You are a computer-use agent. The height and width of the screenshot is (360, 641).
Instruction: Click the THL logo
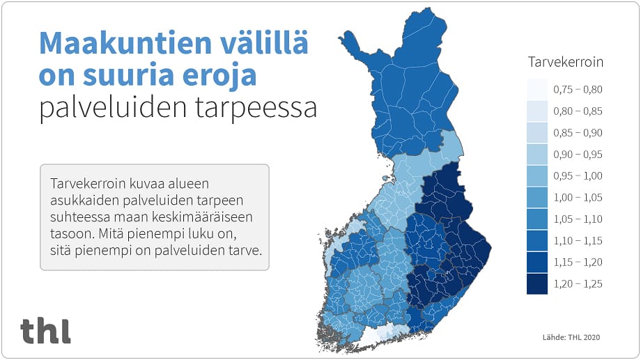click(x=45, y=331)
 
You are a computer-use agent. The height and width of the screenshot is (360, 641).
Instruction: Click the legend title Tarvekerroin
click(x=565, y=62)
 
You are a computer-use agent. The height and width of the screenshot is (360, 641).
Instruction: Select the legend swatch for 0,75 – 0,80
click(x=537, y=89)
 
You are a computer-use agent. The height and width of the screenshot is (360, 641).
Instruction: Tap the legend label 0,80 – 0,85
click(x=578, y=111)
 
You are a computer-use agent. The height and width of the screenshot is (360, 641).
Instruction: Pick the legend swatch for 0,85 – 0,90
click(x=537, y=132)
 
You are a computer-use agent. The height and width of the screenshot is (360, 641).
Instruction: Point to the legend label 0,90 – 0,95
click(x=578, y=154)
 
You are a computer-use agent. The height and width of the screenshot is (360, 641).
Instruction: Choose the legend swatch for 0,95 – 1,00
click(x=537, y=175)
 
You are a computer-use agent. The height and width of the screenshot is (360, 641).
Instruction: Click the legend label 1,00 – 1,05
click(x=578, y=197)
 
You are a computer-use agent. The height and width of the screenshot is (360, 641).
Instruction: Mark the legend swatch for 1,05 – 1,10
click(x=537, y=219)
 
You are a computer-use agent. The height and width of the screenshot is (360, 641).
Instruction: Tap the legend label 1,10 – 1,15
click(x=578, y=240)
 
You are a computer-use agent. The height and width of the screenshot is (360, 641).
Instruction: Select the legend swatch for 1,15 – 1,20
click(x=537, y=262)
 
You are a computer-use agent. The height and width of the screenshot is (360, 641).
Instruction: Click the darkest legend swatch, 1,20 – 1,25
click(x=537, y=283)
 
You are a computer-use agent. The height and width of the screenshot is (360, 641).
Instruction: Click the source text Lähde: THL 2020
click(x=571, y=338)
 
